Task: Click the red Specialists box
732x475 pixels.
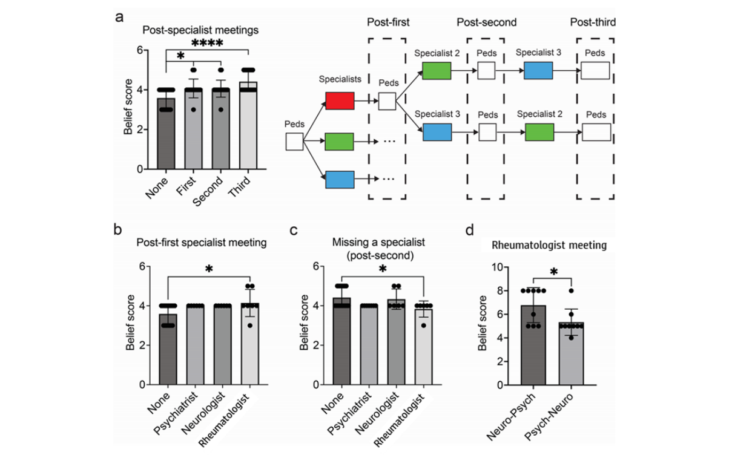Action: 340,100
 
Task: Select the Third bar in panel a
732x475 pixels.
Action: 249,127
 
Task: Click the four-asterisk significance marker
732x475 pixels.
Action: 208,44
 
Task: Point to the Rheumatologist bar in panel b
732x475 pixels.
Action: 249,345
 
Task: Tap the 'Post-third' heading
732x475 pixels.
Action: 593,22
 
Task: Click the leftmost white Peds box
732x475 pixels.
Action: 294,142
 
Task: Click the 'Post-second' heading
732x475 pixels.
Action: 486,22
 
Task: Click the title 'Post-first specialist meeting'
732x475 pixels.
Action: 200,243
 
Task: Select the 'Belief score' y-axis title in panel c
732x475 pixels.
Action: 305,327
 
